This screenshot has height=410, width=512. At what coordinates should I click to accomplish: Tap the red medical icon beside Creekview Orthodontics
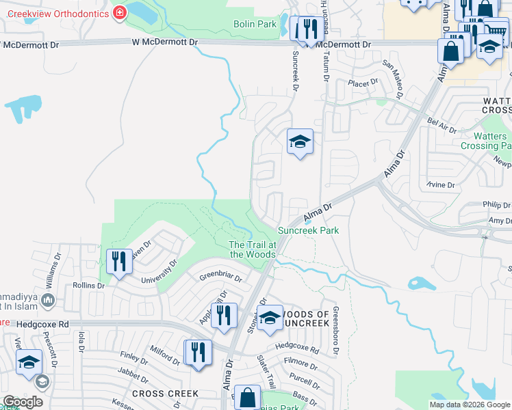tap(120, 13)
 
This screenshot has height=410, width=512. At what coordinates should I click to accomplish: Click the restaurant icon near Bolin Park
tap(305, 29)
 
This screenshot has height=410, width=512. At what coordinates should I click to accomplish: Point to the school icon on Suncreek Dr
tap(299, 141)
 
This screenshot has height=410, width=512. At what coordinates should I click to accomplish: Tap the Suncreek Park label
tap(308, 231)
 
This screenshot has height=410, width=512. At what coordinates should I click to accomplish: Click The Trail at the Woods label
tap(252, 249)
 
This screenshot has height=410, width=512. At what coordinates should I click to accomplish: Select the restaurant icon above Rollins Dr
tap(119, 261)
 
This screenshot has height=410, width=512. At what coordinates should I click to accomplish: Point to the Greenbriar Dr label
tap(220, 277)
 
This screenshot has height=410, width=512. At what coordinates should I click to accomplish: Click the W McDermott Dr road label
tap(165, 42)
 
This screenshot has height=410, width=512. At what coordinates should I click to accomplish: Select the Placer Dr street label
tap(363, 83)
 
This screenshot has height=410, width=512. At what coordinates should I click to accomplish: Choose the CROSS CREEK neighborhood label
tap(165, 394)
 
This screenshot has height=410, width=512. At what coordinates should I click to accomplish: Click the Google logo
tap(23, 402)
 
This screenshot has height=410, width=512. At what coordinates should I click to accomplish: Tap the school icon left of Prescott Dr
tap(29, 364)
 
